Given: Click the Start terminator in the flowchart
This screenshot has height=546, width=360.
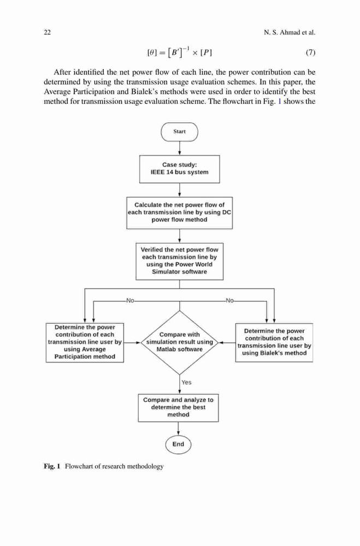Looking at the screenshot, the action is [179, 132].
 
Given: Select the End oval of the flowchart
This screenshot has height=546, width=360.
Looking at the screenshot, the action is [178, 444].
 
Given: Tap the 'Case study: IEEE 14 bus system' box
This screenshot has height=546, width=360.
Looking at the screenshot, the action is [180, 169].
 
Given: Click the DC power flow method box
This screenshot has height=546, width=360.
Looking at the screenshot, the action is [180, 212].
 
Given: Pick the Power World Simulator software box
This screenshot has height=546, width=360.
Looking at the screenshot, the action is [180, 261].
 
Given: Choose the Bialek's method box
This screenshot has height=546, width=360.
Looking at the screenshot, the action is [274, 342].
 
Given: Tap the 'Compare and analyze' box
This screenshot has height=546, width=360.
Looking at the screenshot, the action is [179, 408].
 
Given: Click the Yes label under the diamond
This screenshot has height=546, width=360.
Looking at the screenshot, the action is [186, 382].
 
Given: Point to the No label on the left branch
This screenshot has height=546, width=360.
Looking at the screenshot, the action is [130, 300].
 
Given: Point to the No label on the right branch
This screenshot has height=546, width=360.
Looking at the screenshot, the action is [229, 300].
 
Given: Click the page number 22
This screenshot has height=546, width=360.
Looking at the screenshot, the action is [47, 33].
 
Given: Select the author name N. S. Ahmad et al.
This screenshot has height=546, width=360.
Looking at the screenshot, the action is [290, 33].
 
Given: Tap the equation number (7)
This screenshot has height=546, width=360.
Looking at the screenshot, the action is [310, 52].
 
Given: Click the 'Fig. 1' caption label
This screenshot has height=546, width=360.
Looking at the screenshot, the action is [52, 466].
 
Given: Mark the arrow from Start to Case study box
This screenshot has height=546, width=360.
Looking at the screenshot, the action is [180, 149].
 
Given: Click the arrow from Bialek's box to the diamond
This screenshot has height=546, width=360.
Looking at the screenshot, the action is [227, 343].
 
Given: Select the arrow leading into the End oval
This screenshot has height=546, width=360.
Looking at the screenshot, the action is [179, 428].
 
